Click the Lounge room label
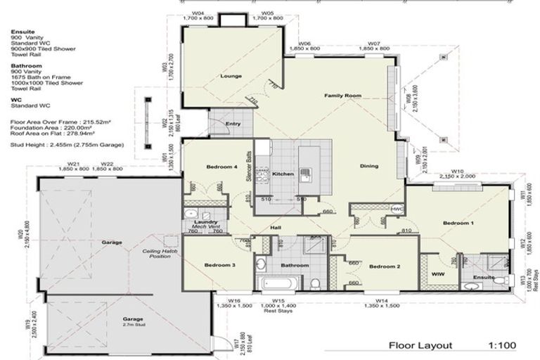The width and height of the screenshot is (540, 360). [231, 76]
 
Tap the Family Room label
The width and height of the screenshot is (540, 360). [342, 95]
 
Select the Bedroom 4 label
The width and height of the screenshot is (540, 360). [221, 167]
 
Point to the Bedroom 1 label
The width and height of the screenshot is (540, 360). [458, 223]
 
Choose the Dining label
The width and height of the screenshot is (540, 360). [368, 167]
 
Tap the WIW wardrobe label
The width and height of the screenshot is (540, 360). [435, 274]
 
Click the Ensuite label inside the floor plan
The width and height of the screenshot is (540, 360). [482, 277]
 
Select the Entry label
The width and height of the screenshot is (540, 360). [233, 124]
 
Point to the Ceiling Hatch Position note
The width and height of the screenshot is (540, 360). [156, 252]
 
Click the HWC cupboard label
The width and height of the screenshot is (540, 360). [397, 209]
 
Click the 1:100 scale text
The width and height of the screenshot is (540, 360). [503, 345]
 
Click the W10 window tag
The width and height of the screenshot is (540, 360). [457, 171]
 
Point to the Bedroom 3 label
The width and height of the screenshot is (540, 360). [219, 265]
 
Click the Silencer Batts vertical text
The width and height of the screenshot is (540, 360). [249, 168]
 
